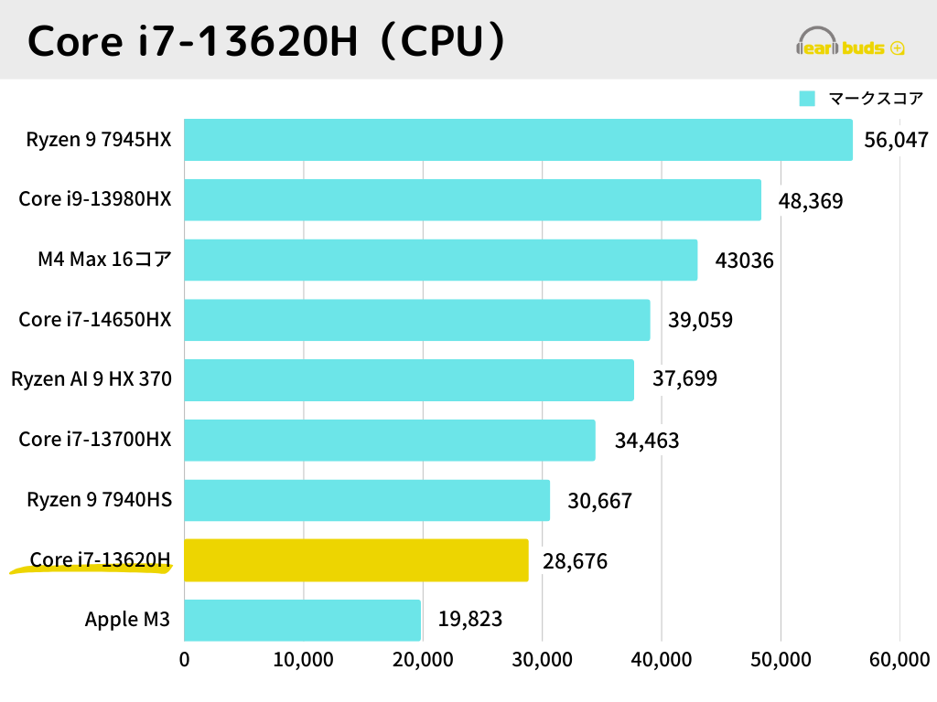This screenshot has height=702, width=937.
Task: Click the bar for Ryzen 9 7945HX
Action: pyautogui.click(x=518, y=140)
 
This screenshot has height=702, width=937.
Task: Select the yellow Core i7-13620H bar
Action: pyautogui.click(x=356, y=560)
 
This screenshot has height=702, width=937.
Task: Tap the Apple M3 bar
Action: pyautogui.click(x=302, y=620)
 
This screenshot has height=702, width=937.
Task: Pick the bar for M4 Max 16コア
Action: pyautogui.click(x=440, y=261)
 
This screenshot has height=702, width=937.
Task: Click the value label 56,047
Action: pyautogui.click(x=896, y=140)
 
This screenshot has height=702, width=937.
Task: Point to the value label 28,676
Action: pyautogui.click(x=575, y=560)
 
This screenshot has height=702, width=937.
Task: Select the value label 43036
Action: pyautogui.click(x=744, y=261)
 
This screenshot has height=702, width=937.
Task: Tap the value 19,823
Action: pyautogui.click(x=469, y=620)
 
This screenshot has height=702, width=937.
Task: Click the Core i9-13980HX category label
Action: pyautogui.click(x=95, y=199)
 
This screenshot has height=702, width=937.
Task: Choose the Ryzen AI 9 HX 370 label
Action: pyautogui.click(x=92, y=379)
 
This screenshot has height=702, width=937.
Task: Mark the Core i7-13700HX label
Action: pyautogui.click(x=95, y=440)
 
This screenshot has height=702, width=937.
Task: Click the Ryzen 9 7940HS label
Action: pyautogui.click(x=99, y=500)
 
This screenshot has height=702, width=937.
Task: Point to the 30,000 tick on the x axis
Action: pyautogui.click(x=542, y=660)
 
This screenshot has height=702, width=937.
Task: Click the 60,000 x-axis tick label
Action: pyautogui.click(x=899, y=660)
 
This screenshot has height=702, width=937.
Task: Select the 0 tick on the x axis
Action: pyautogui.click(x=185, y=660)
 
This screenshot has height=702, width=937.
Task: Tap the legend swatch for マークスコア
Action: pyautogui.click(x=807, y=99)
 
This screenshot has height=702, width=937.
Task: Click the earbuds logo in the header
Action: pyautogui.click(x=851, y=44)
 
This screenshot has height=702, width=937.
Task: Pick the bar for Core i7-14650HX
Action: pyautogui.click(x=416, y=320)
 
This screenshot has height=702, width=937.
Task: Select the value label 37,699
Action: pyautogui.click(x=684, y=379)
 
